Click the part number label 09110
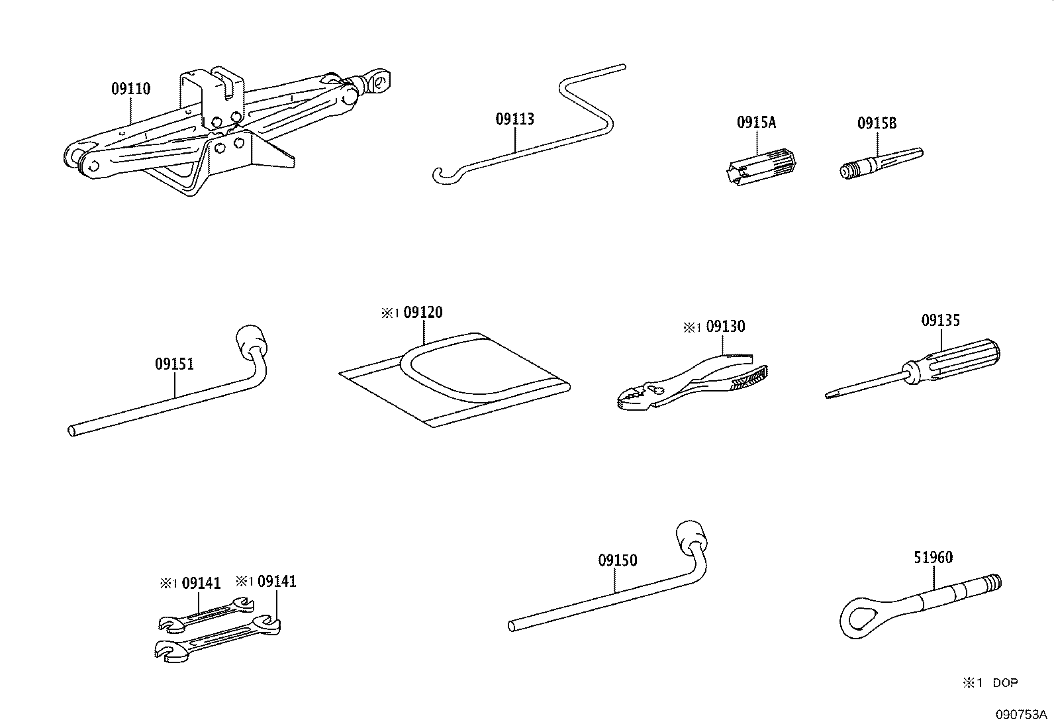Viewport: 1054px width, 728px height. click(x=131, y=89)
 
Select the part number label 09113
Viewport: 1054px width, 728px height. click(x=515, y=119)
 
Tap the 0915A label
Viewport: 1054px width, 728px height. click(x=756, y=123)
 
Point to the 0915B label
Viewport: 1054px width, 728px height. click(x=877, y=123)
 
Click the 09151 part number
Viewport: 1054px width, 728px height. click(x=174, y=364)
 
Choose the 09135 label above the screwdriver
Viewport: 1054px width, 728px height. click(x=940, y=320)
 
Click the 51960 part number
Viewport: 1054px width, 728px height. click(x=933, y=558)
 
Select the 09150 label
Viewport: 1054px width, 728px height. click(x=617, y=560)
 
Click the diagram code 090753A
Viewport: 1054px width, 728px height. click(x=1021, y=714)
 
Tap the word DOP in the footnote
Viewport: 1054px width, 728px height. click(x=1005, y=683)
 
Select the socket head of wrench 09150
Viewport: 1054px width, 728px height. click(x=691, y=537)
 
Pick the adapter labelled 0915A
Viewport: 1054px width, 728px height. click(x=759, y=167)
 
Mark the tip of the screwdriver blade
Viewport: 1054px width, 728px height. click(x=827, y=396)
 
